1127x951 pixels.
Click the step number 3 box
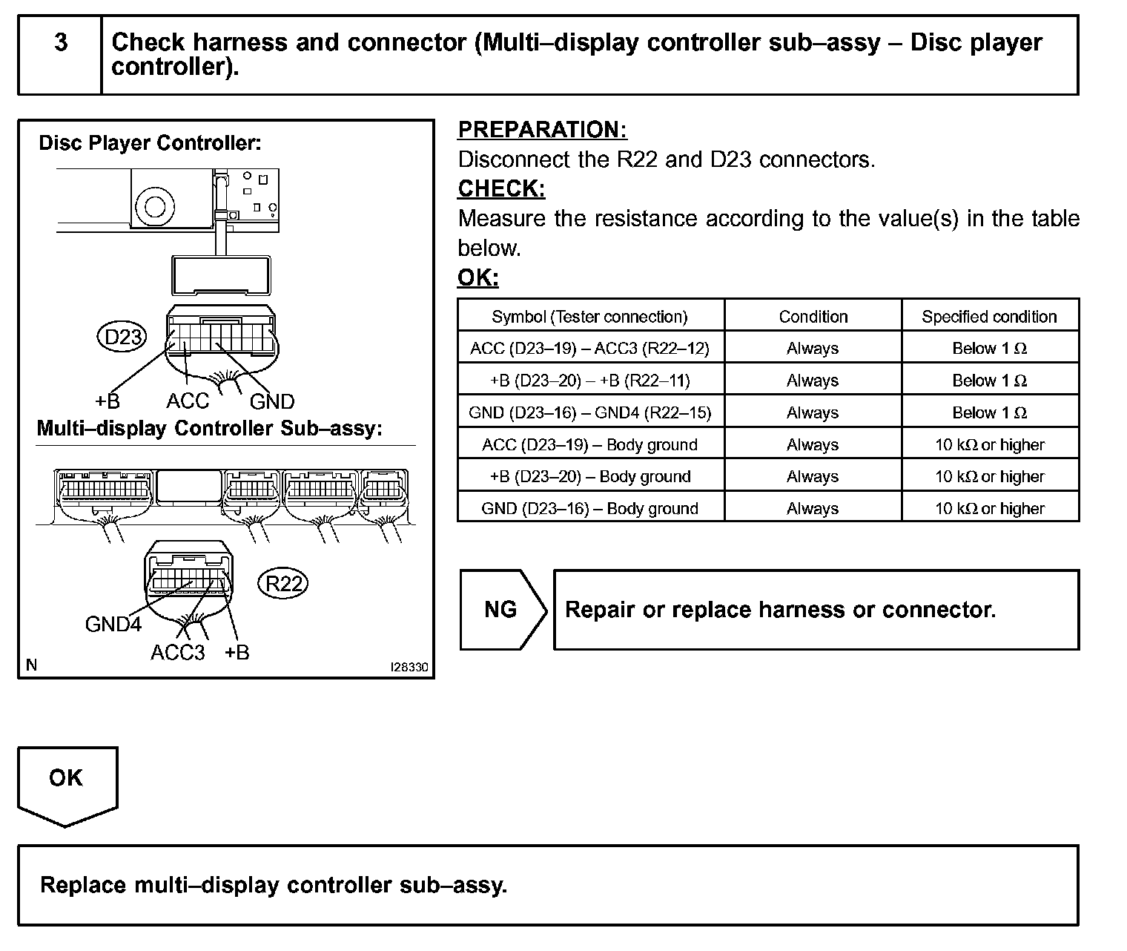click(60, 43)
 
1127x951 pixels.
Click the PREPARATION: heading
click(542, 130)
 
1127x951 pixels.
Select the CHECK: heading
click(501, 189)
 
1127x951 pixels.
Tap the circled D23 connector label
click(122, 338)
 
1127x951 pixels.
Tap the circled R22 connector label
click(284, 584)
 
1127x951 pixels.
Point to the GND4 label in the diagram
click(113, 625)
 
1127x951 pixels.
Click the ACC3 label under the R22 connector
click(177, 653)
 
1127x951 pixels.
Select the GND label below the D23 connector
click(272, 402)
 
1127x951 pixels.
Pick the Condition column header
click(813, 317)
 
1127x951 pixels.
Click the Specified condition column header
click(989, 317)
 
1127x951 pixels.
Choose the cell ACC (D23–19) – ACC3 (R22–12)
click(590, 349)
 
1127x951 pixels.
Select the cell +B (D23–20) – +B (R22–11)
click(590, 381)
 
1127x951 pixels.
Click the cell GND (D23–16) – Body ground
click(590, 509)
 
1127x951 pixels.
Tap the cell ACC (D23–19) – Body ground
click(590, 445)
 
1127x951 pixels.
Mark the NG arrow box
click(502, 610)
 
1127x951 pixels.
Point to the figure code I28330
click(409, 668)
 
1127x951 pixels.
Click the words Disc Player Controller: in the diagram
click(150, 143)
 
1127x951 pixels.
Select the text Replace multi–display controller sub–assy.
click(274, 885)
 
